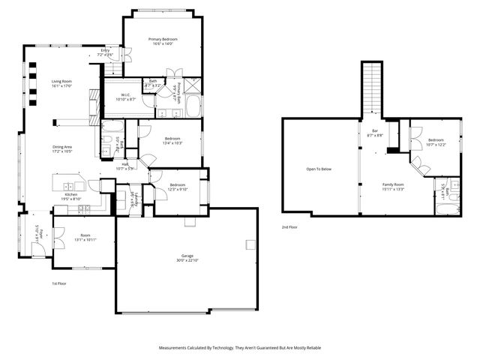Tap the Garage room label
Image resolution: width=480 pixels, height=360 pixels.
187,257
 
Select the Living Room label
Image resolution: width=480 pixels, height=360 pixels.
61,83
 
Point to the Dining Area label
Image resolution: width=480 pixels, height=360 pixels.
62,148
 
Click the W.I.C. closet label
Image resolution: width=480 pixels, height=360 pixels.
125,96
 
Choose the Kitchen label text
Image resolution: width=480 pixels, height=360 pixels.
71,196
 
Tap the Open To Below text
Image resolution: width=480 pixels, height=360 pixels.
318,169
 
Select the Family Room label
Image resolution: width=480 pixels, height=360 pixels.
393,186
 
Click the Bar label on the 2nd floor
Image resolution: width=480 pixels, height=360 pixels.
373,133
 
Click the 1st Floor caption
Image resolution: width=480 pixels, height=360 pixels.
61,283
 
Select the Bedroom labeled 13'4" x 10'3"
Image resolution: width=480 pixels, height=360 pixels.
172,140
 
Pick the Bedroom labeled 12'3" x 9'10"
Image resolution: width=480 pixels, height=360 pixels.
178,187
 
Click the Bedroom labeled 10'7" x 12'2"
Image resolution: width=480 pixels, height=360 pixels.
436,142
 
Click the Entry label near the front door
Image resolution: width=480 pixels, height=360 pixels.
106,52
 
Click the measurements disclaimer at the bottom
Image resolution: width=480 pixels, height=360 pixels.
239,347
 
